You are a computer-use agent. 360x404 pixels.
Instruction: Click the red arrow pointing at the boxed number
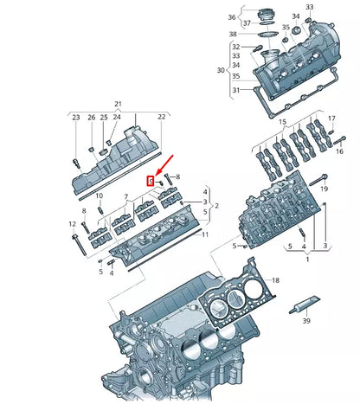point(163,167)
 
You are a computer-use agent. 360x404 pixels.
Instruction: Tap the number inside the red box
point(151,182)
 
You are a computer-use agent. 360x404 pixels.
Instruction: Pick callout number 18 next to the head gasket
point(275,281)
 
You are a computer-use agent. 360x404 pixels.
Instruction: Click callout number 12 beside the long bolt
point(72,225)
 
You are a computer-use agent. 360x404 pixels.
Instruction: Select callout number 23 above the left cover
point(75,118)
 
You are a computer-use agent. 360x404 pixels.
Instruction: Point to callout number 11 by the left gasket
point(204,234)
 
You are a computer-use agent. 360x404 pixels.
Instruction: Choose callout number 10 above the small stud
point(100,196)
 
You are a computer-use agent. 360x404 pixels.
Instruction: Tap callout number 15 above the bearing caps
point(281,117)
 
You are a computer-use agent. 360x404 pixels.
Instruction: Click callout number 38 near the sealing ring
point(232,35)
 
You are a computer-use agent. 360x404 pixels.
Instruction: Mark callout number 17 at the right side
point(331,118)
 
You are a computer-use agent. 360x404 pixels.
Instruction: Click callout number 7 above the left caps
point(126,196)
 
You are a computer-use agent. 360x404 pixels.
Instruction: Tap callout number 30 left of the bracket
point(220,69)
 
